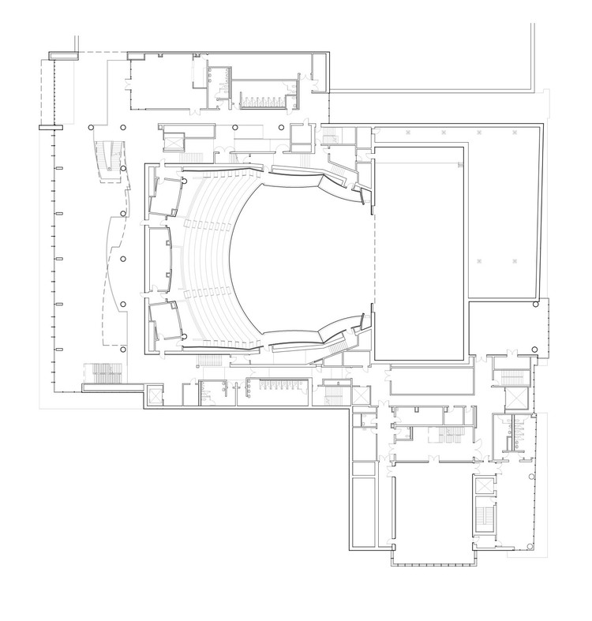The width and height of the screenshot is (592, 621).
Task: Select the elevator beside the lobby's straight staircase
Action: point(153,393)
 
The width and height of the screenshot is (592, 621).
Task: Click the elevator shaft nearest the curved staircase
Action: point(172,140)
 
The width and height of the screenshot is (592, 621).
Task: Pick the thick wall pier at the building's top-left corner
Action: point(62,54)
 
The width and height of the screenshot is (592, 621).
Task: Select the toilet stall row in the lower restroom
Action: point(276,387)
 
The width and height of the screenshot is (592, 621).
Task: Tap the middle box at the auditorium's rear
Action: point(158,257)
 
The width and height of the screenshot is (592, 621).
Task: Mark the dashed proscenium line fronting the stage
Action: point(372,253)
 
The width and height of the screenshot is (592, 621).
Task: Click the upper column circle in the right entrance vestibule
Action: point(536,305)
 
